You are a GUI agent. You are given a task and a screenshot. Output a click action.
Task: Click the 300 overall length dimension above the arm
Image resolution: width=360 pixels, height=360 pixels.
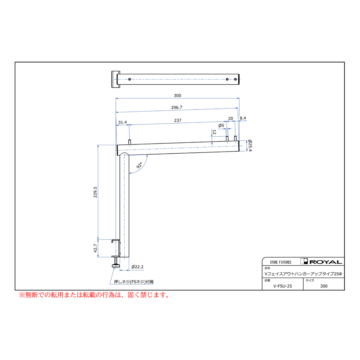coord(178,96)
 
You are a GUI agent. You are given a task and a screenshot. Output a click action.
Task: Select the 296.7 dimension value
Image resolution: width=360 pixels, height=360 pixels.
coord(176,108)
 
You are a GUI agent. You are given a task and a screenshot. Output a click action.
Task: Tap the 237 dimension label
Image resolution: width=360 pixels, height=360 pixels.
coord(178,120)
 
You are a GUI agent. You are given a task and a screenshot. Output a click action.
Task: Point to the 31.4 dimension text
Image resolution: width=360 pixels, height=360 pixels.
coord(122,122)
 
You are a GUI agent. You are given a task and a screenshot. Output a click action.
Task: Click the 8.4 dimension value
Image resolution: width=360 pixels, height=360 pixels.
coord(243,118)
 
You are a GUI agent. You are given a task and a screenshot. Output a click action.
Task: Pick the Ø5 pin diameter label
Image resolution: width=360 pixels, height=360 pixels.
coord(221,125)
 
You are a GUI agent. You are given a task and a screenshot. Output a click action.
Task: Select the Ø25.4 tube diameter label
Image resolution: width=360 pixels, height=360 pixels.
coord(250,146)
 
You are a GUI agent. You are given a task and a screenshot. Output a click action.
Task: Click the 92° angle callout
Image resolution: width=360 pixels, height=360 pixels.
coord(139,165)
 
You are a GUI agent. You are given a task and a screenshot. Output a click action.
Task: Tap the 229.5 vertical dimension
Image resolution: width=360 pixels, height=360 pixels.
coord(95,192)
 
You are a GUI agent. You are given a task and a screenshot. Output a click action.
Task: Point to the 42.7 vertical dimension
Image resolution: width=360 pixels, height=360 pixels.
coord(95,248)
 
